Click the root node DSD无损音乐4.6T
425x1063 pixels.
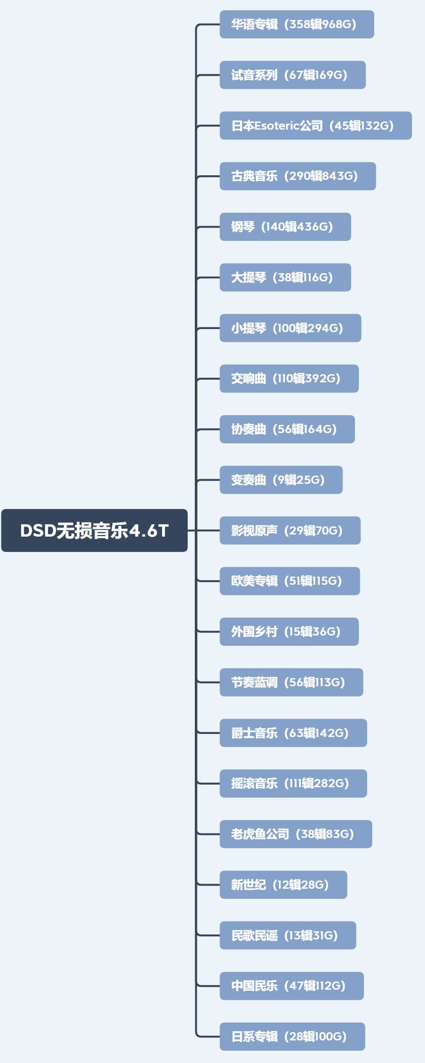coord(94,530)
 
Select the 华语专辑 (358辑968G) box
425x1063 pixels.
coord(296,24)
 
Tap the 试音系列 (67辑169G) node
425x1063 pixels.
coord(292,75)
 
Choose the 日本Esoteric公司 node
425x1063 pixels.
coord(315,126)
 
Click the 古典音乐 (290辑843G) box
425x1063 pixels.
coord(297,176)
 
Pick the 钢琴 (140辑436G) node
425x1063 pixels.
coord(285,227)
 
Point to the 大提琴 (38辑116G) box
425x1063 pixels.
coord(285,277)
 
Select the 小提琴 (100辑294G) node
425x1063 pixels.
coord(290,328)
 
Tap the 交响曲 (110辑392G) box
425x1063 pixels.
coord(289,379)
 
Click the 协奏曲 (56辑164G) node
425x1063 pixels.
coord(287,429)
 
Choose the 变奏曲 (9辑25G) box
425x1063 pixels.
coord(281,480)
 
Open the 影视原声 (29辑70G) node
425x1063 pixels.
coord(290,530)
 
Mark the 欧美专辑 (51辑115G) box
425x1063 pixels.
coord(290,581)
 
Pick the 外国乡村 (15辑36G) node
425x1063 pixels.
coord(289,631)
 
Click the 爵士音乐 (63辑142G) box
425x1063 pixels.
coord(293,733)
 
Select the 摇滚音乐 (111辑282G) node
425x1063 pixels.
coord(293,783)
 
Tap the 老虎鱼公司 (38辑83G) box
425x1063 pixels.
coord(296,834)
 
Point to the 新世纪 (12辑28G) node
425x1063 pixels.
coord(283,885)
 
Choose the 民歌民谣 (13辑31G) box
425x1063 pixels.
coord(288,935)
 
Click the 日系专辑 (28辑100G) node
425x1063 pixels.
coord(292,1036)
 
